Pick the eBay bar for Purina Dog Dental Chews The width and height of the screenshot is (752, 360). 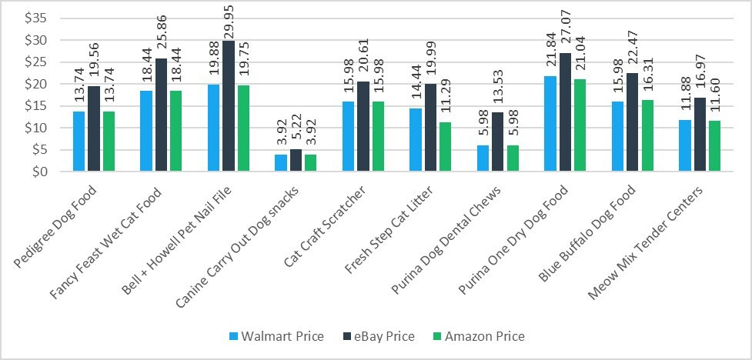tap(498, 142)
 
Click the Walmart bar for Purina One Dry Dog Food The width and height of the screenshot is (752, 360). tap(550, 124)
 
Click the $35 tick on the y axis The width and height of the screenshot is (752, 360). tap(35, 18)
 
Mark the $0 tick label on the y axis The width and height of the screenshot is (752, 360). tap(38, 172)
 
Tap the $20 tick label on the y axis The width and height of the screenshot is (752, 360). tap(35, 84)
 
